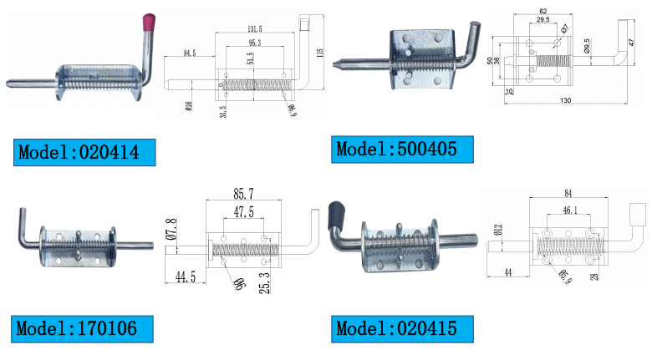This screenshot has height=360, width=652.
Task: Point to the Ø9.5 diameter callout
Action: pos(587,45)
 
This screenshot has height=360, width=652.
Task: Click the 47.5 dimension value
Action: pos(244,214)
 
